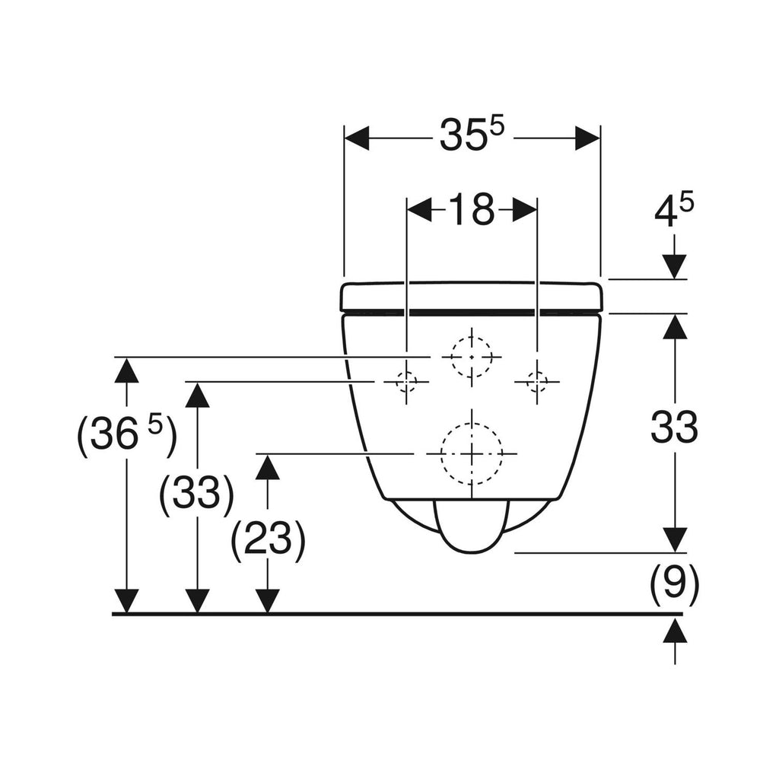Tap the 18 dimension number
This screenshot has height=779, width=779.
click(x=471, y=210)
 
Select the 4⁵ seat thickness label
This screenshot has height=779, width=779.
click(x=674, y=212)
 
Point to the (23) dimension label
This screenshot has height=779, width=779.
click(x=268, y=540)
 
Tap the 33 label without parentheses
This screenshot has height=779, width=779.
click(x=674, y=428)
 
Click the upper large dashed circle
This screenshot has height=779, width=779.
click(x=472, y=356)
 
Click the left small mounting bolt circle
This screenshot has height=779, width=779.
click(x=406, y=380)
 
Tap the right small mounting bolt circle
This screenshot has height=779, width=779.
click(x=537, y=380)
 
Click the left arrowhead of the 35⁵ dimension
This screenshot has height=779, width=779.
click(x=356, y=138)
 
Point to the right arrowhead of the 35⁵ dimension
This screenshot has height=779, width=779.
click(x=588, y=138)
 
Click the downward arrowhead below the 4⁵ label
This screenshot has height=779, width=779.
click(x=674, y=266)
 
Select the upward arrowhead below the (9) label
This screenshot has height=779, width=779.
click(x=674, y=631)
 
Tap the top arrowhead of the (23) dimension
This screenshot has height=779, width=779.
click(x=268, y=466)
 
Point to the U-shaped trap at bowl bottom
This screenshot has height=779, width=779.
click(x=472, y=525)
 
